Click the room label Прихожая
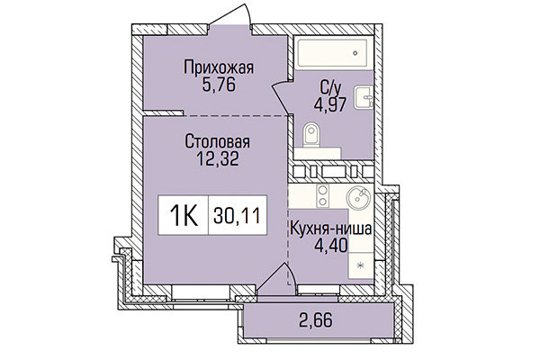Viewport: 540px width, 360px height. click(x=219, y=67)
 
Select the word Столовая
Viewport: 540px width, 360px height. click(x=217, y=142)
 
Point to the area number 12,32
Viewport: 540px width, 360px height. click(x=217, y=159)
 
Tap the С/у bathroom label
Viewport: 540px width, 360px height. click(x=330, y=88)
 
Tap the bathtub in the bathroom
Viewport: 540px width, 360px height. click(x=334, y=53)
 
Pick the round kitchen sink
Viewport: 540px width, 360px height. click(x=356, y=197)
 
